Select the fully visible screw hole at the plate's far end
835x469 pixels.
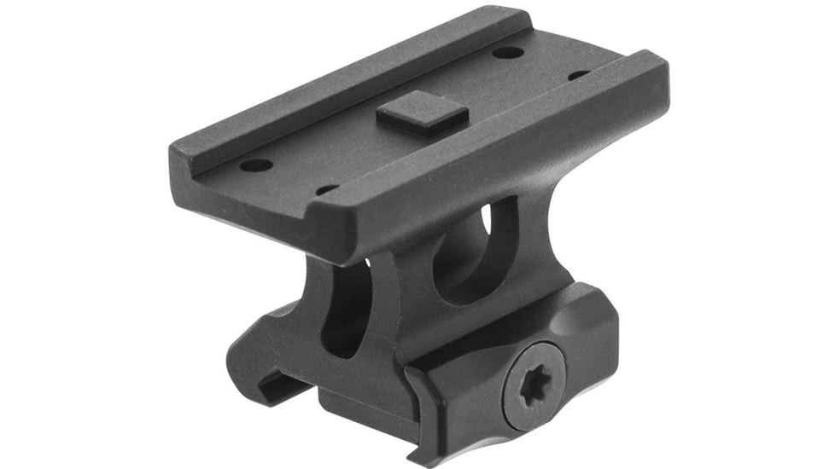pos(507,53)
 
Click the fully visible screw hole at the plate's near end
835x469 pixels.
pos(255,165)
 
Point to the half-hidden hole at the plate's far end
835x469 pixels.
pos(578,75)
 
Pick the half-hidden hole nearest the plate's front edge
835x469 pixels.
pos(327,189)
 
